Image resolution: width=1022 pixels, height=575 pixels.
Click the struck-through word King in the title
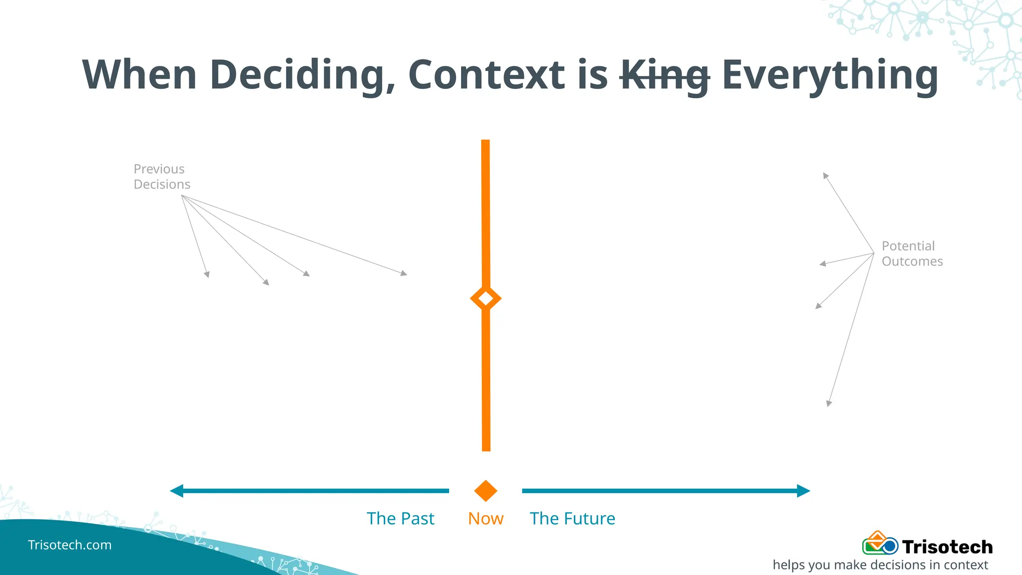click(664, 75)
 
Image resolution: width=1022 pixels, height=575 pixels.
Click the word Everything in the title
click(829, 75)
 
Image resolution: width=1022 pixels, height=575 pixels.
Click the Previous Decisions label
click(162, 177)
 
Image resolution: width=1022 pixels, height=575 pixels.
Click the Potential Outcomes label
click(912, 254)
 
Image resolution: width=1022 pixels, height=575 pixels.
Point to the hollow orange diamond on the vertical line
click(486, 298)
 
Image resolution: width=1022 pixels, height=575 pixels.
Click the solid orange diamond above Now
click(486, 491)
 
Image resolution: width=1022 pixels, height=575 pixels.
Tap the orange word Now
click(486, 519)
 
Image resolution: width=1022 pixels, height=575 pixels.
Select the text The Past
click(400, 519)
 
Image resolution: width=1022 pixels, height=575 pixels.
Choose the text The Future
click(572, 519)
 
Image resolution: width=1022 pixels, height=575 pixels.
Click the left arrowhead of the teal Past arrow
click(176, 491)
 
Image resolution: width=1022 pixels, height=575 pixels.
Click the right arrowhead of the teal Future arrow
click(803, 491)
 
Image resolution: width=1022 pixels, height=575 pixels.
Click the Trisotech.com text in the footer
click(70, 545)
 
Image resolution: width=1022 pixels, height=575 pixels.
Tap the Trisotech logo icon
click(880, 544)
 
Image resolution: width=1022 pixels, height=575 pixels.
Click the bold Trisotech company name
click(947, 547)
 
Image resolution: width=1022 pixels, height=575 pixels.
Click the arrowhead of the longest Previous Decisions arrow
click(404, 273)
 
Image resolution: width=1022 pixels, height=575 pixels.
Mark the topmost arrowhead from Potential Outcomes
click(825, 175)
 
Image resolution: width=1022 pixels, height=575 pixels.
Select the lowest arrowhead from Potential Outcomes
click(829, 403)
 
